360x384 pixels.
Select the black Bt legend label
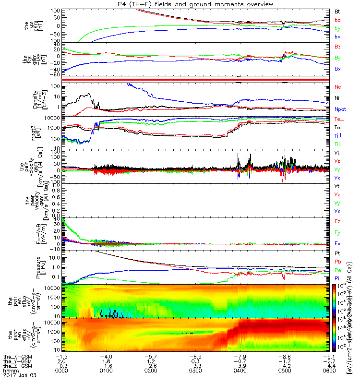[337, 11]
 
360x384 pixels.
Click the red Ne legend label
[337, 87]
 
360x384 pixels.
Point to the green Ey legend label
[337, 233]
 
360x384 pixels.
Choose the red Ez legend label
[337, 222]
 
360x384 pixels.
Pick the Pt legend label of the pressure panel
[337, 253]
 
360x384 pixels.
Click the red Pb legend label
[337, 262]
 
